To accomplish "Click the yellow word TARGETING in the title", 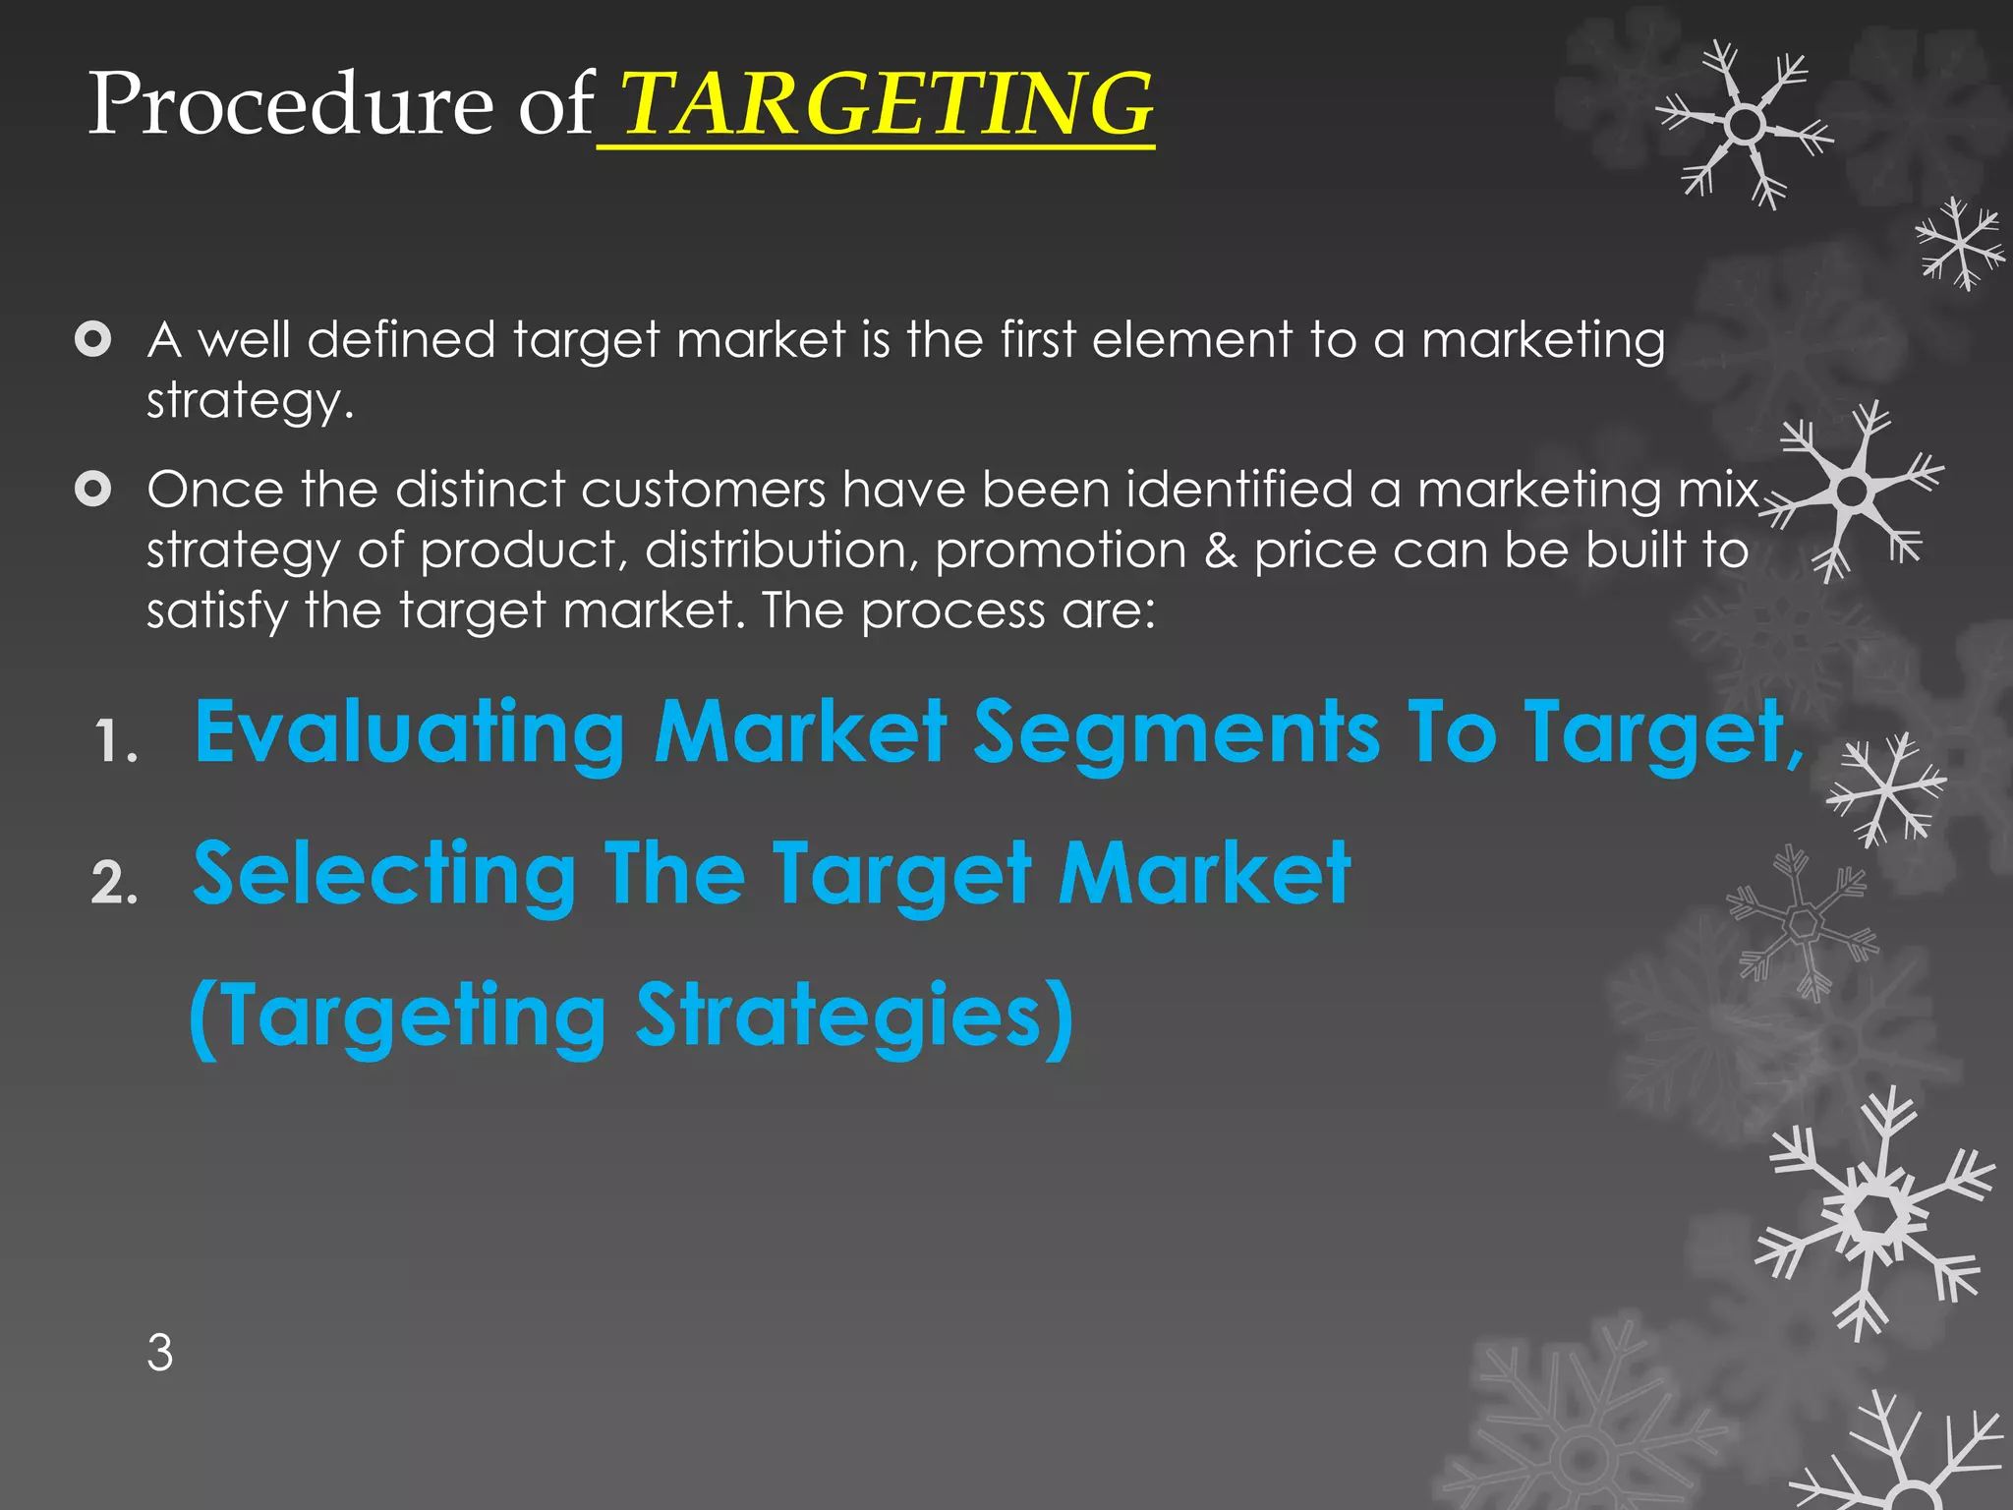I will [x=888, y=104].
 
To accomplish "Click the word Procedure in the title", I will [x=291, y=104].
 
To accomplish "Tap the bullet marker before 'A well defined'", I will [x=92, y=340].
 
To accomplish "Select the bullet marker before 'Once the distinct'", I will [x=92, y=489].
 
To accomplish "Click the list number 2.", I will [x=114, y=883].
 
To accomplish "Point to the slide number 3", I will [x=160, y=1353].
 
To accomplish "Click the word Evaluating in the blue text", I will [x=410, y=732].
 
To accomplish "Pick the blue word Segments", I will [x=1177, y=732].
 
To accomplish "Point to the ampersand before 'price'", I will [x=1220, y=550].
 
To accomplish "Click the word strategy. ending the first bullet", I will [x=250, y=402].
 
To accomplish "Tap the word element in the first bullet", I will [x=1191, y=340].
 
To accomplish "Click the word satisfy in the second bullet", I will [x=217, y=610].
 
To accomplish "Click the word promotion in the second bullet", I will [x=1061, y=550].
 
